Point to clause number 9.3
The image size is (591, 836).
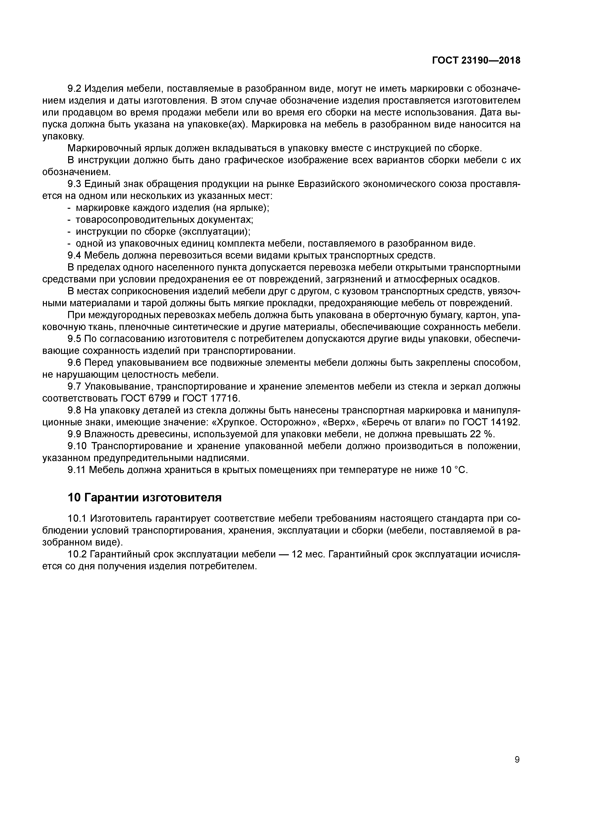(75, 184)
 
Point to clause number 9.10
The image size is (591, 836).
(77, 446)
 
